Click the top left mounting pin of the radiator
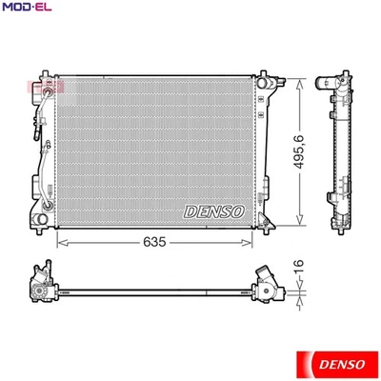point(44,73)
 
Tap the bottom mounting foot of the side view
point(341,230)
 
